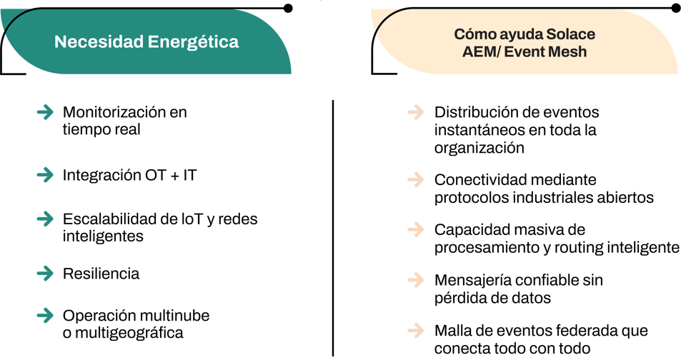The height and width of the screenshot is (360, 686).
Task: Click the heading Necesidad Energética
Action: coord(146,42)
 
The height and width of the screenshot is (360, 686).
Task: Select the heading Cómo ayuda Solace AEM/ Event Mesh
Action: coord(525,43)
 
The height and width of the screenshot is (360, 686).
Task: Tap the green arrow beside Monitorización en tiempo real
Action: coord(46,112)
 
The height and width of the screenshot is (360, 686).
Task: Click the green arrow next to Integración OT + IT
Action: coord(46,175)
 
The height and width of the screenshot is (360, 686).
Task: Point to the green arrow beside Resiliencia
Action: coord(46,274)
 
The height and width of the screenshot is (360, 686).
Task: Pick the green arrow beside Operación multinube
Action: coord(46,316)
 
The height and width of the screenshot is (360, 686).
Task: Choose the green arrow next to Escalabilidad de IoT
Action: coord(46,219)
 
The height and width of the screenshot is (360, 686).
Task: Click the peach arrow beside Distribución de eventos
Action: coord(416,112)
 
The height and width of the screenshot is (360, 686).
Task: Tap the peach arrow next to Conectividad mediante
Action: coord(416,179)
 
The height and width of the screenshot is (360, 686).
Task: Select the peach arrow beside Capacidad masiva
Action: coord(416,229)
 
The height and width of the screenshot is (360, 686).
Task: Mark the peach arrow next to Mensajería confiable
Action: coord(416,279)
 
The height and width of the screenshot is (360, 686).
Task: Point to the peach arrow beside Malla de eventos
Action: coord(416,330)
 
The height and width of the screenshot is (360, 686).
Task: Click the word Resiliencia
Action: coord(101,274)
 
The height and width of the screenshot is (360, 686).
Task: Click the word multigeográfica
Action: coord(129,334)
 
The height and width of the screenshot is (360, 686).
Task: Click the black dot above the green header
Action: coord(288,8)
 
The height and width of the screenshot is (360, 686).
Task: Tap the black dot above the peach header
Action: coord(676,7)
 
